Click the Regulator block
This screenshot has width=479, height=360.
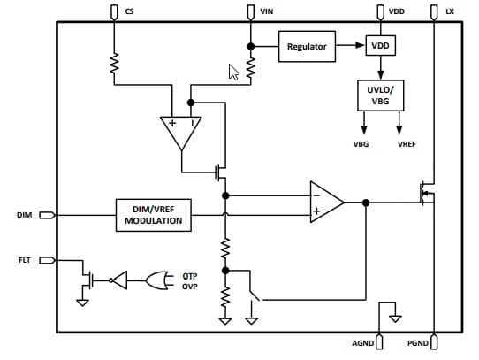(x=307, y=46)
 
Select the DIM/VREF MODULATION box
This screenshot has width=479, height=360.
(x=154, y=214)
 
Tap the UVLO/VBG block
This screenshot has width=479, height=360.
(x=379, y=96)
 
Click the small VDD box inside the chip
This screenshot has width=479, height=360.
(x=379, y=46)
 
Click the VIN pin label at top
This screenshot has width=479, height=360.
(x=267, y=11)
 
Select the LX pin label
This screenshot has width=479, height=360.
(x=451, y=11)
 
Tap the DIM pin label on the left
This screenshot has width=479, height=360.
(x=25, y=214)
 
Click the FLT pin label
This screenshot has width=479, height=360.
(x=25, y=259)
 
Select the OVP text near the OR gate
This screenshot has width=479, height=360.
(x=190, y=286)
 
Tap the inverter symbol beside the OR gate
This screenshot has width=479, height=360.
(x=118, y=280)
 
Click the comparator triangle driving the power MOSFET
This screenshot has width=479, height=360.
(x=325, y=203)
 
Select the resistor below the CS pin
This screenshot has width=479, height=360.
(x=114, y=63)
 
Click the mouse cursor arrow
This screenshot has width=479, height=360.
(x=233, y=72)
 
